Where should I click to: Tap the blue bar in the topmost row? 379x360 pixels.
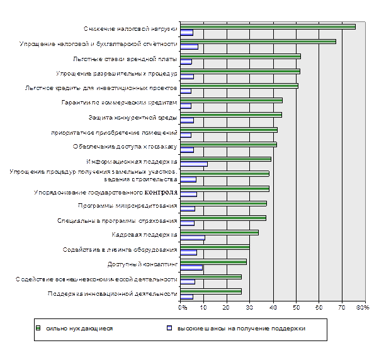(187, 33)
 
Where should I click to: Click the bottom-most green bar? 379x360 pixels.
(211, 291)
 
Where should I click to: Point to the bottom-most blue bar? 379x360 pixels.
(187, 297)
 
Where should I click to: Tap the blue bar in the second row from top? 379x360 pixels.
(189, 47)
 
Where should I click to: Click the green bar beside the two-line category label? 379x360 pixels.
(225, 173)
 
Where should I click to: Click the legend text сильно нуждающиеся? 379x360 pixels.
(79, 329)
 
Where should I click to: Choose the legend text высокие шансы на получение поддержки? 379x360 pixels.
(242, 329)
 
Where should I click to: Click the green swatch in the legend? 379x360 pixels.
(38, 329)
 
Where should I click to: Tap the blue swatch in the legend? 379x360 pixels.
(169, 329)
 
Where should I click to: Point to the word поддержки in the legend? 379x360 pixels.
(288, 329)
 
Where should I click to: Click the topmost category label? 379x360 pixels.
(129, 29)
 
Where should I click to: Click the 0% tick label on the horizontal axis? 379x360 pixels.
(181, 308)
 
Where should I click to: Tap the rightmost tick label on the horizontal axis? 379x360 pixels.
(364, 308)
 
